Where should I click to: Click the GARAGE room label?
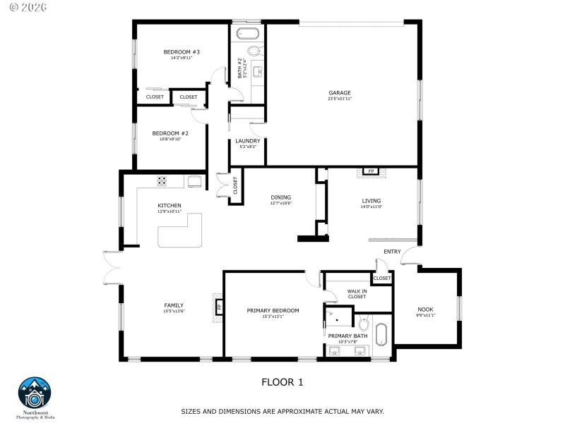[x=339, y=93]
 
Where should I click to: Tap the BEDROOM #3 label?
[x=182, y=52]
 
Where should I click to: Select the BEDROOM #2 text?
[x=170, y=133]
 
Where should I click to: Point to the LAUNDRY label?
[x=248, y=141]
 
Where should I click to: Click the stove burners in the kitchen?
[x=162, y=180]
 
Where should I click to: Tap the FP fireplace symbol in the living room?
[x=370, y=171]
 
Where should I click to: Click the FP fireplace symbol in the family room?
[x=219, y=307]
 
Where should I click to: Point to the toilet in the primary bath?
[x=364, y=324]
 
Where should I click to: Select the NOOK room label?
[x=425, y=309]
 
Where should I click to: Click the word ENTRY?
[x=392, y=252]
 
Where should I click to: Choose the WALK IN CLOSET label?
[x=357, y=293]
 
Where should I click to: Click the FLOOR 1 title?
[x=282, y=382]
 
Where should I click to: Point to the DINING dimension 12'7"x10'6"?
[x=280, y=203]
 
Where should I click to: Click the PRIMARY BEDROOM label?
[x=272, y=310]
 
